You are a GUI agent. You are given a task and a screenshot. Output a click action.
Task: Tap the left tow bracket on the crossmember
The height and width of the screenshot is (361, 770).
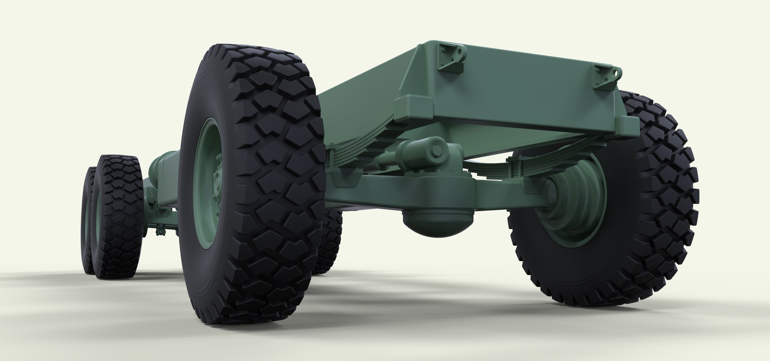(452, 56)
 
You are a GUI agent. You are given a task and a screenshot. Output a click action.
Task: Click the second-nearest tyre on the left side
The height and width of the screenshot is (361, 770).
(118, 218)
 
